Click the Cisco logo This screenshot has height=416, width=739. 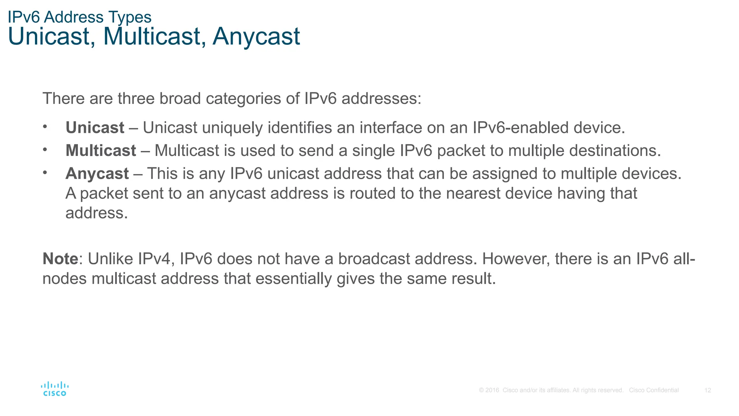click(x=54, y=389)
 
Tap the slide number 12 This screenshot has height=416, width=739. click(x=708, y=390)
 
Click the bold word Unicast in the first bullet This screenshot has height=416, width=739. click(x=95, y=128)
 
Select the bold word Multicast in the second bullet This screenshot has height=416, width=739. click(x=101, y=151)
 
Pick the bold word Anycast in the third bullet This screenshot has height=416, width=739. click(x=97, y=174)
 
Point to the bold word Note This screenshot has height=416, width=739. click(x=60, y=259)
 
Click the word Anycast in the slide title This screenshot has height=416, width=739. click(x=256, y=36)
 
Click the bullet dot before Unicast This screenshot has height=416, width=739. click(x=45, y=127)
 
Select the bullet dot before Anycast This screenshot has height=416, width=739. click(x=45, y=173)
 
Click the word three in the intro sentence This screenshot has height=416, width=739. click(x=136, y=99)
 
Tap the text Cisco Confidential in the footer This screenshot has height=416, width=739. click(x=653, y=390)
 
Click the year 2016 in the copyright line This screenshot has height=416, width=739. click(x=492, y=390)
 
